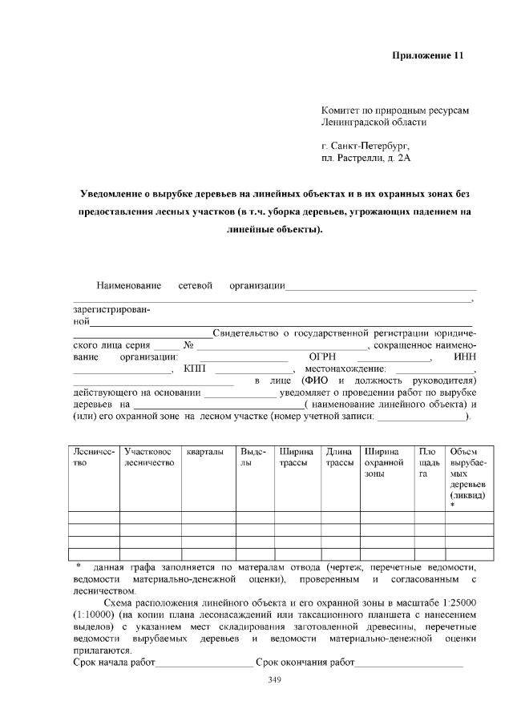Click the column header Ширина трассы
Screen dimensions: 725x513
296,458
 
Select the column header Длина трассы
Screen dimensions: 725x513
340,458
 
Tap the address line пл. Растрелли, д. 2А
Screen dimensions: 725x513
365,159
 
